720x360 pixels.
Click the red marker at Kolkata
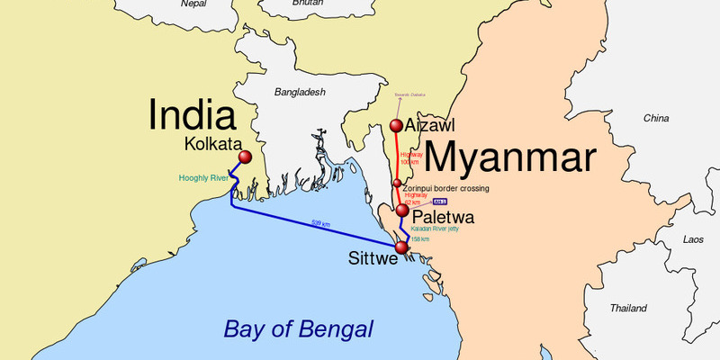point(244,159)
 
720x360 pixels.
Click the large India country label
point(193,115)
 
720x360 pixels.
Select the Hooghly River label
point(205,178)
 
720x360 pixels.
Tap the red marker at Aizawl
point(396,126)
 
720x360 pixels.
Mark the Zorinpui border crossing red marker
point(397,184)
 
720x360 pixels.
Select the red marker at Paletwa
point(401,211)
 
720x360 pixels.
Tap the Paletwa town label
point(443,219)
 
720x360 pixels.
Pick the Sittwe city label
point(372,259)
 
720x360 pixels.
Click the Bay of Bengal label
point(298,328)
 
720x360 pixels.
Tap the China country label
point(656,119)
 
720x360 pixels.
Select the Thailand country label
point(628,308)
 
